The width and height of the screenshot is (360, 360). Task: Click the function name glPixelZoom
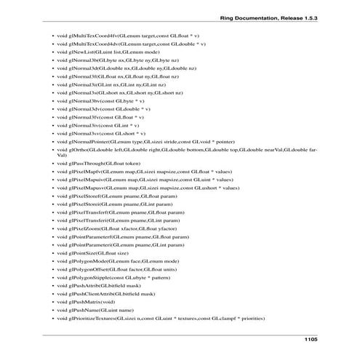coord(83,228)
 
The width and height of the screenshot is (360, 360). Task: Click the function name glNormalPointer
coord(87,140)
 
